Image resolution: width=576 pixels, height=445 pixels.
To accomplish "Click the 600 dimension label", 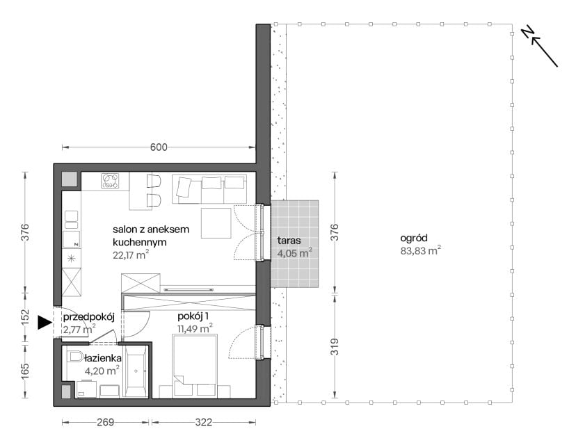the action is click(x=159, y=147).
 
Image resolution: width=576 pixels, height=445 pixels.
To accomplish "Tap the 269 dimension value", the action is click(x=106, y=422).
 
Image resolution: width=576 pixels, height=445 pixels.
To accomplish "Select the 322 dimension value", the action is click(x=204, y=422).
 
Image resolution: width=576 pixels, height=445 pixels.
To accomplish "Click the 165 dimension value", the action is click(x=24, y=371).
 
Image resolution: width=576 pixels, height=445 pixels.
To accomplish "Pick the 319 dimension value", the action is click(x=335, y=346).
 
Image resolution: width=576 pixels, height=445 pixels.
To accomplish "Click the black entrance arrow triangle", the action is click(x=45, y=323).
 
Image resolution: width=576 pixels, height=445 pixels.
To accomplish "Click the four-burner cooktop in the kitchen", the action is click(x=111, y=181).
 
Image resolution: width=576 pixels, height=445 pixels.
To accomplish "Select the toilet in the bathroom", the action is click(x=75, y=357).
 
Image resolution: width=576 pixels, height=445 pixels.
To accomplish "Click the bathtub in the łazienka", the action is click(x=136, y=371).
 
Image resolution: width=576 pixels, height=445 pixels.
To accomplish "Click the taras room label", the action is click(x=289, y=241).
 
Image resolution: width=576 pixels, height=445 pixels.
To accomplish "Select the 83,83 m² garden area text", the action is click(x=420, y=251).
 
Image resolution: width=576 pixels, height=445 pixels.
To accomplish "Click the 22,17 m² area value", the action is click(x=131, y=254).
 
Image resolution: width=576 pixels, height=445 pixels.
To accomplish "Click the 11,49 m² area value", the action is click(x=195, y=328).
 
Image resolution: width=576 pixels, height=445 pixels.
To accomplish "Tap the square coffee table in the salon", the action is click(x=216, y=223).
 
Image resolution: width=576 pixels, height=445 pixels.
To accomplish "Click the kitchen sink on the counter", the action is click(x=71, y=220).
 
